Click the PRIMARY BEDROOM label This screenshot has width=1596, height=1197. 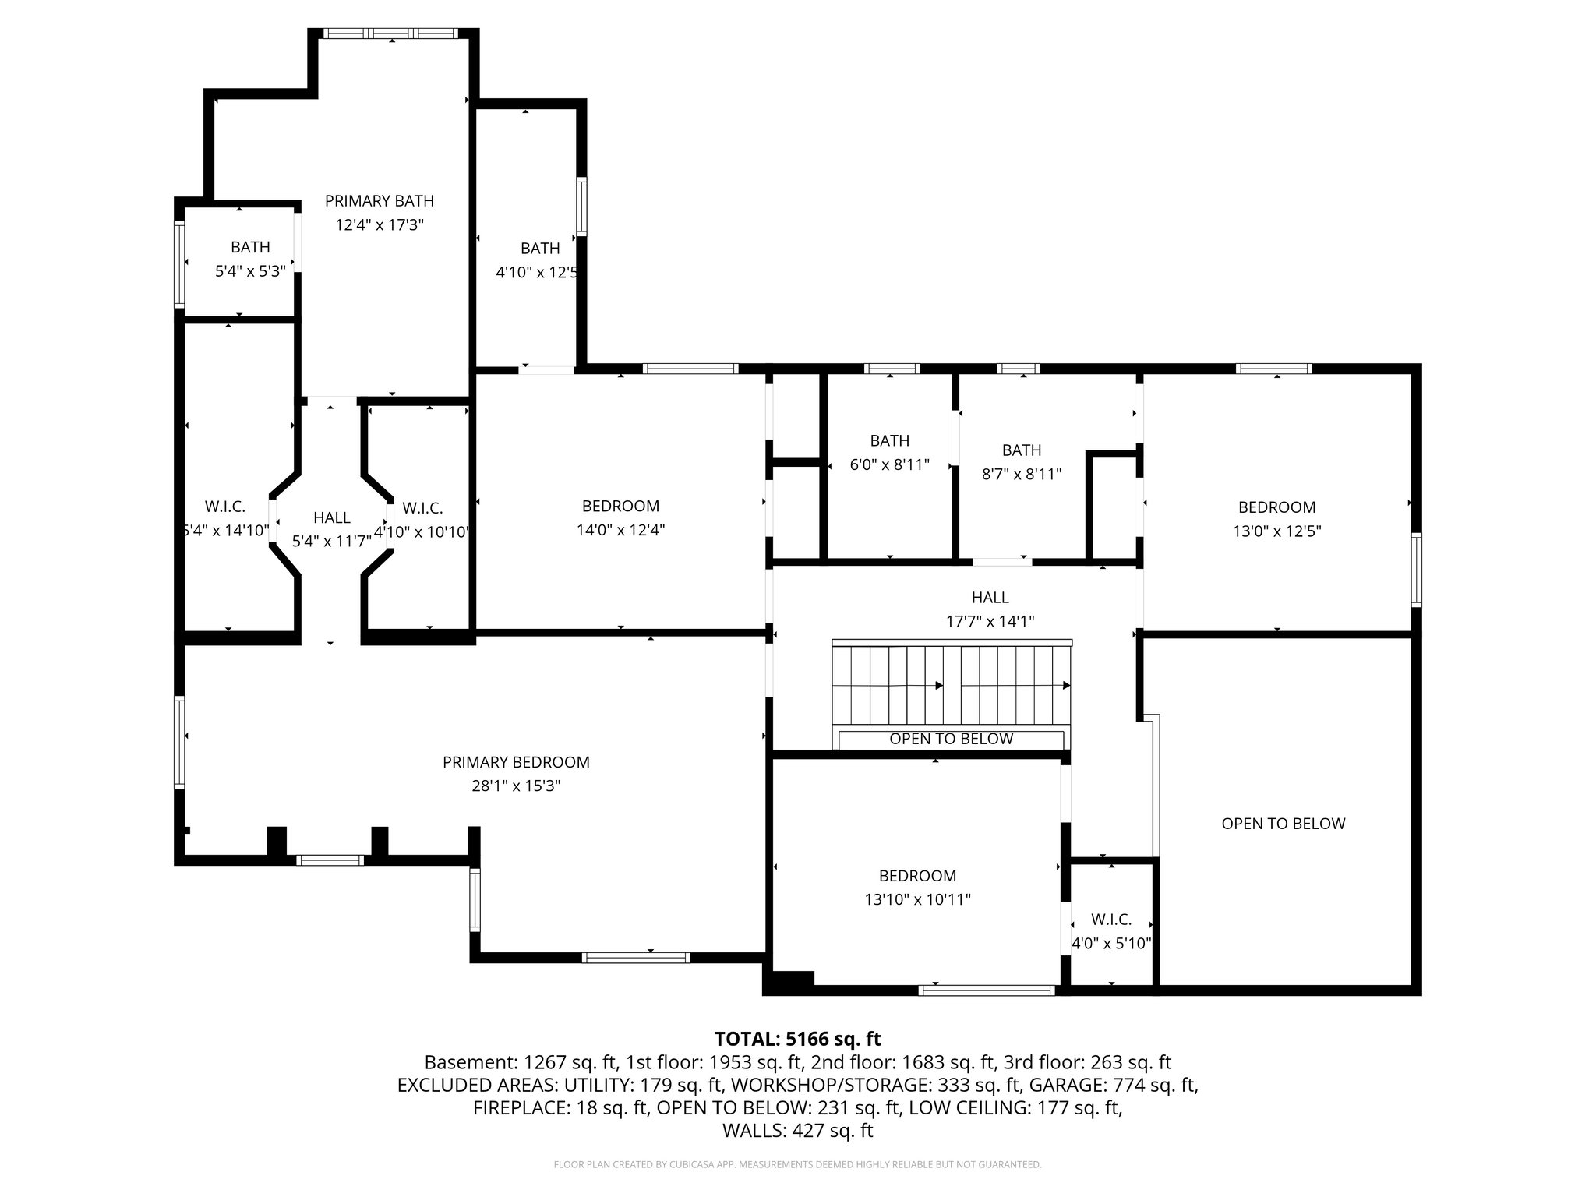516,762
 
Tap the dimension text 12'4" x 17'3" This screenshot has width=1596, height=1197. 379,225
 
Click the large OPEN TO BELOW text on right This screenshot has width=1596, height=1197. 1283,824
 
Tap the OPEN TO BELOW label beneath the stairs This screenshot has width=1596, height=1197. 951,739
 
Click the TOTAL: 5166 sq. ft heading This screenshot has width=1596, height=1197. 797,1039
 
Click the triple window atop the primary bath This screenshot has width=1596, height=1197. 391,34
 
